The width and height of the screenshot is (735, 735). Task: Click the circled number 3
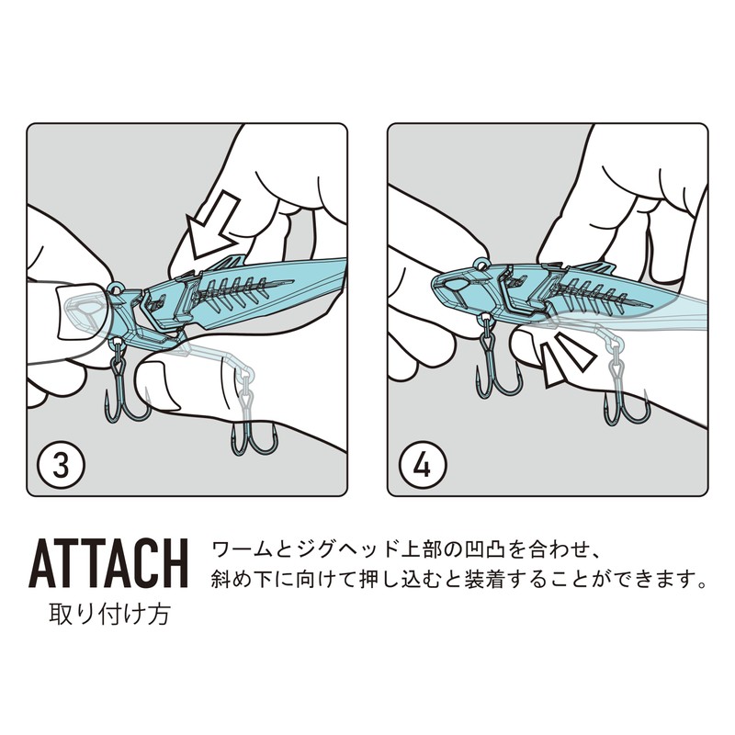coord(61,466)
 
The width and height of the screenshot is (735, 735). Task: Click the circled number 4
coord(422,466)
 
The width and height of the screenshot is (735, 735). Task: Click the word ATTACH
coord(108,563)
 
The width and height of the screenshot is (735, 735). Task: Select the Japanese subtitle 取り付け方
coord(109,614)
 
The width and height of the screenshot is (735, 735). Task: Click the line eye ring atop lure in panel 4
coord(481,265)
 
